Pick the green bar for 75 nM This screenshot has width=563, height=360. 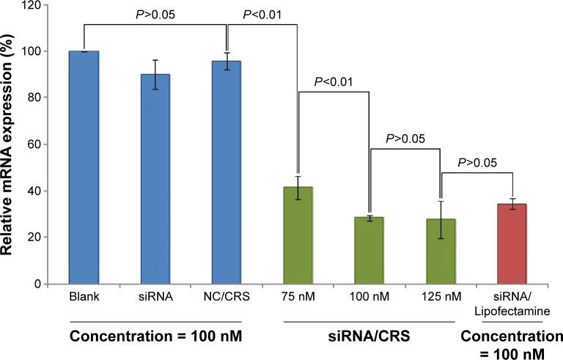click(x=298, y=235)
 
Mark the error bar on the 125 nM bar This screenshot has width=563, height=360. click(x=441, y=219)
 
